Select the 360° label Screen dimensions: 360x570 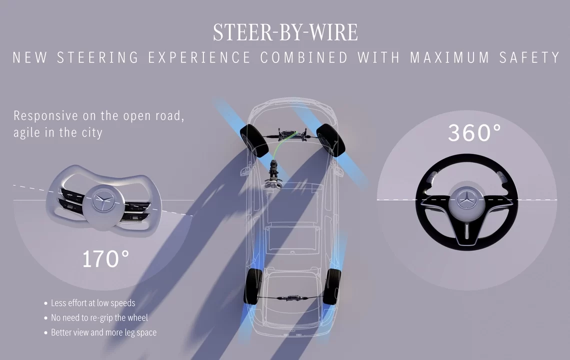[x=474, y=132]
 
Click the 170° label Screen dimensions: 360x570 [x=105, y=259]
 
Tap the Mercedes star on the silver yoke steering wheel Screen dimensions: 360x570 [x=103, y=199]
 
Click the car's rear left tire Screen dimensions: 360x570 [x=253, y=286]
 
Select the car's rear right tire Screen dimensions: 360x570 [x=332, y=286]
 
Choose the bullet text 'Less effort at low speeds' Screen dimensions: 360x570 [x=93, y=303]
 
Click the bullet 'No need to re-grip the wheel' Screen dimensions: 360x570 [x=99, y=317]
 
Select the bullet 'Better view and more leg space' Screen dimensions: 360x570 [x=103, y=332]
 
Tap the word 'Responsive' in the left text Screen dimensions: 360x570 [x=45, y=115]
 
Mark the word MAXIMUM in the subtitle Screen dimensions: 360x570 [x=449, y=57]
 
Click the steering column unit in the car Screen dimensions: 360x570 [x=274, y=172]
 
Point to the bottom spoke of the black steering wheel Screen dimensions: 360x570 [x=466, y=230]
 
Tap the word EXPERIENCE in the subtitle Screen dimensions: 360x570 [x=199, y=57]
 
